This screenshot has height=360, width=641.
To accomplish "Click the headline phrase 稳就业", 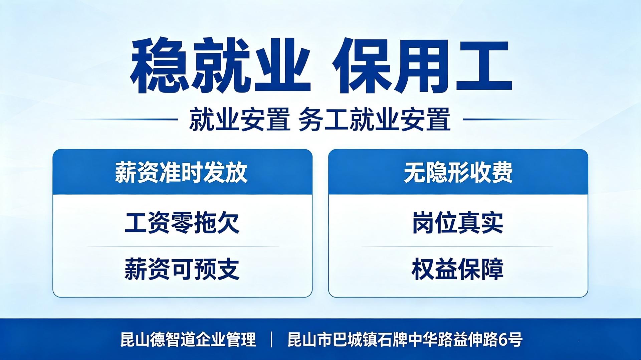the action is click(x=220, y=66).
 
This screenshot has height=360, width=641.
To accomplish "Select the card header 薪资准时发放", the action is click(x=181, y=172).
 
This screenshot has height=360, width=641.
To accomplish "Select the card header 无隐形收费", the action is click(x=458, y=172).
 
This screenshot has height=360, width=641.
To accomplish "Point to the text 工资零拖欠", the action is click(x=182, y=222).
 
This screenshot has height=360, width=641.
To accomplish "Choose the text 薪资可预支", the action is click(x=182, y=269).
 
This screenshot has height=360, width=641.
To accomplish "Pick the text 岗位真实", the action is click(x=458, y=222).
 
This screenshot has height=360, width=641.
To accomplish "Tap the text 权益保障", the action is click(x=458, y=269).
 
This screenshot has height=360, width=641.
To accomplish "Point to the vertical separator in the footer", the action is click(x=272, y=340).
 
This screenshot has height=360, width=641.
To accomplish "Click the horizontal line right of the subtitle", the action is click(x=518, y=119).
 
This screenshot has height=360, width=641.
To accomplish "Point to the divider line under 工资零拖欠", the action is click(x=183, y=246).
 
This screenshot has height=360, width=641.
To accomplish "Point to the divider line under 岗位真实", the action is click(x=458, y=246).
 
